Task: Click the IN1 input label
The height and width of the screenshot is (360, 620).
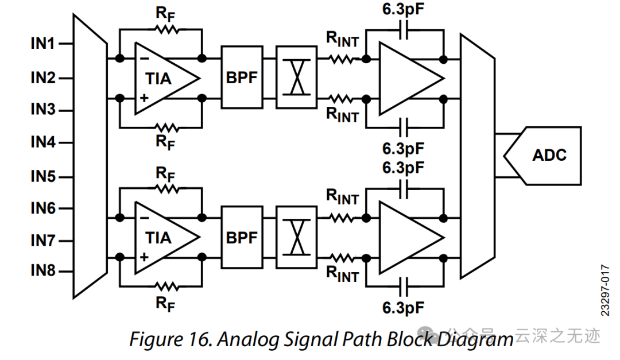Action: (43, 44)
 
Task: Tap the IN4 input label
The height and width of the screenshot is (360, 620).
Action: (43, 142)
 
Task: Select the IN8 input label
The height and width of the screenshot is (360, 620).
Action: (43, 271)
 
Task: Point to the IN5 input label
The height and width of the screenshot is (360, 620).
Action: (43, 176)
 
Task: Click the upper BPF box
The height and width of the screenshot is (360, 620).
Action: (242, 78)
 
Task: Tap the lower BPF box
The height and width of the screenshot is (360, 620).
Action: (242, 237)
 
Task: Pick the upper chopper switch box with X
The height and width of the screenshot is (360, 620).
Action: (296, 78)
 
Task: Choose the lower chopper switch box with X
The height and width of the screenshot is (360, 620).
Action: (296, 237)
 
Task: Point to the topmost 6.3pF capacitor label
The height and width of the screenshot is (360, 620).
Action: (404, 10)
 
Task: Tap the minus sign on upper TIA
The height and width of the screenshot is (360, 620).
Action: (144, 59)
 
